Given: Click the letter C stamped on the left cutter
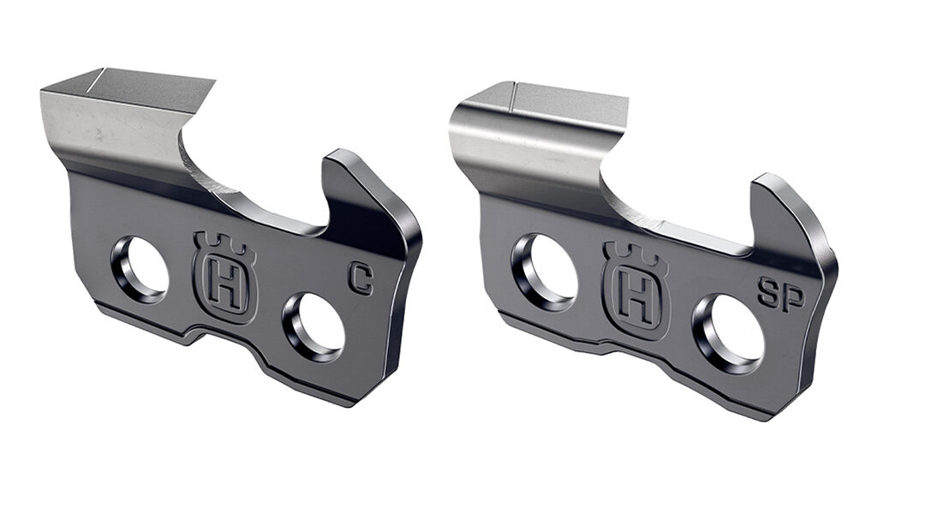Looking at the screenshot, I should pos(361,279).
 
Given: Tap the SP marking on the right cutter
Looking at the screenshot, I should pos(780,296).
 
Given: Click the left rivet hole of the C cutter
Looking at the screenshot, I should pos(140,268).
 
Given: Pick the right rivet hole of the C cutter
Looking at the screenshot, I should pos(315,326).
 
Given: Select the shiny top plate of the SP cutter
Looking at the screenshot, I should pos(531,129).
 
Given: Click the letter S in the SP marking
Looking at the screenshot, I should pos(768,296).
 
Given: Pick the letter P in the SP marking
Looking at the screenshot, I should pos(792,296).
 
